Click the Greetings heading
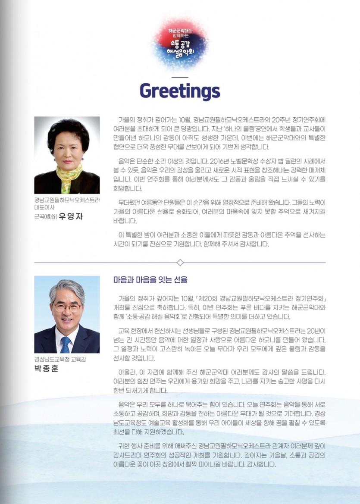click(180, 91)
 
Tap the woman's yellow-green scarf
click(65, 172)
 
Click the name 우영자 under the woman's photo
click(70, 216)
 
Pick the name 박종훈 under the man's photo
click(46, 369)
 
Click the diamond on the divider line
click(180, 263)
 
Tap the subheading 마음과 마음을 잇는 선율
click(150, 280)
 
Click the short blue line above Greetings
click(180, 77)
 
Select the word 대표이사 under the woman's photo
click(44, 207)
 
